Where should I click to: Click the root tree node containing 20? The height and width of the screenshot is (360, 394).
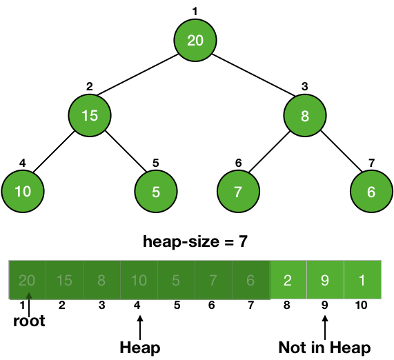[x=195, y=40]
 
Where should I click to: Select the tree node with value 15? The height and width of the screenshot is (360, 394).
[x=90, y=116]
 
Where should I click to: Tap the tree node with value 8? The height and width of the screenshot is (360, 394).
[x=305, y=116]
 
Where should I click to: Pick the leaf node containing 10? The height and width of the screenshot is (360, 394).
[x=23, y=192]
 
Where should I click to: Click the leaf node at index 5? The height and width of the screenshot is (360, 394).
[x=156, y=192]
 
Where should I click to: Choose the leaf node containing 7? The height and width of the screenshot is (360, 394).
[x=238, y=192]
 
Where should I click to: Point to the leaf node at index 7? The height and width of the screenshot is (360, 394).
[x=371, y=192]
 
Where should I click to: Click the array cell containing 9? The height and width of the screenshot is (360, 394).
[x=325, y=280]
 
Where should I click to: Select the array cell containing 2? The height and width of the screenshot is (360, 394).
[x=288, y=280]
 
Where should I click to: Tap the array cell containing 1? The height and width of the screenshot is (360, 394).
[x=362, y=280]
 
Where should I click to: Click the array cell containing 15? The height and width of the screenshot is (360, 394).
[x=64, y=280]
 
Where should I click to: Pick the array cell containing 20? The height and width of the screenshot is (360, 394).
[x=28, y=280]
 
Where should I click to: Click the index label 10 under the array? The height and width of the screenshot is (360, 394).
[x=361, y=306]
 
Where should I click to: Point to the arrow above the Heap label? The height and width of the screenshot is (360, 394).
[x=140, y=328]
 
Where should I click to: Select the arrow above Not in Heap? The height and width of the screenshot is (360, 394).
[x=325, y=328]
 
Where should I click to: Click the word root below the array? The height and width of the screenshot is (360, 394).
[x=29, y=321]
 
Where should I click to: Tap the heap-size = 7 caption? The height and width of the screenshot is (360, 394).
[x=195, y=241]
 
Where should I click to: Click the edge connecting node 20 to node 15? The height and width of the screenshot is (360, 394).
[x=138, y=74]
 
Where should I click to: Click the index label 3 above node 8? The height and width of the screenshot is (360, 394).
[x=304, y=86]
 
